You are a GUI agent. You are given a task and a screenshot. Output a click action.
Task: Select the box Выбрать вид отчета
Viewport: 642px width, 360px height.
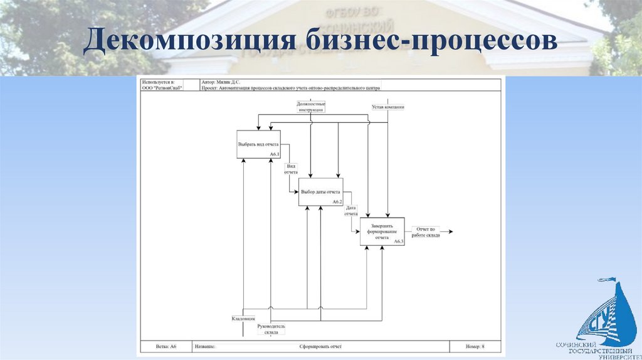click(x=258, y=144)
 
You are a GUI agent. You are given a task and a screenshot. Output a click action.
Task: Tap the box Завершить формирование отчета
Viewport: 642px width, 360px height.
click(x=382, y=231)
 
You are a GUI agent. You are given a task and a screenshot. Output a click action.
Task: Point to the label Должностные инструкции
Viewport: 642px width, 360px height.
click(x=311, y=107)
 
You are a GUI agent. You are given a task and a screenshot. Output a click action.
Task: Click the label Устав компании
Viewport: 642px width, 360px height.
click(x=388, y=107)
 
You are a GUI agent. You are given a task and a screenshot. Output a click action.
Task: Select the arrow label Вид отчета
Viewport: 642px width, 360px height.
click(x=291, y=169)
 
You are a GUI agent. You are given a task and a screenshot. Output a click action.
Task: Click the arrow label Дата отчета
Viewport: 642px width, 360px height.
click(x=351, y=210)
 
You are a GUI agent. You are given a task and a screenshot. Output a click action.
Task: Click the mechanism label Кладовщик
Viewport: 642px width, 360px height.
click(x=243, y=319)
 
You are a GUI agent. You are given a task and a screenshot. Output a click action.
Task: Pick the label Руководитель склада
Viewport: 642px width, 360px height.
click(x=271, y=329)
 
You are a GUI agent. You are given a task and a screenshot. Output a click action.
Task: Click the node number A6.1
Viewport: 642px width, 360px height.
click(x=275, y=154)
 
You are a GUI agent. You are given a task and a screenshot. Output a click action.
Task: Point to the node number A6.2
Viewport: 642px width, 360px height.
click(x=337, y=202)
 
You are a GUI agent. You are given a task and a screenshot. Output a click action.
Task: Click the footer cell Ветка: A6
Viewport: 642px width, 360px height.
click(x=166, y=346)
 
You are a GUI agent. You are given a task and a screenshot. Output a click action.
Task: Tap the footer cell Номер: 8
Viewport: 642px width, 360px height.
click(x=475, y=346)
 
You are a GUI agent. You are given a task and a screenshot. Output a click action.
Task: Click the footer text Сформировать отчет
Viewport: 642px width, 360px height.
click(x=320, y=346)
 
